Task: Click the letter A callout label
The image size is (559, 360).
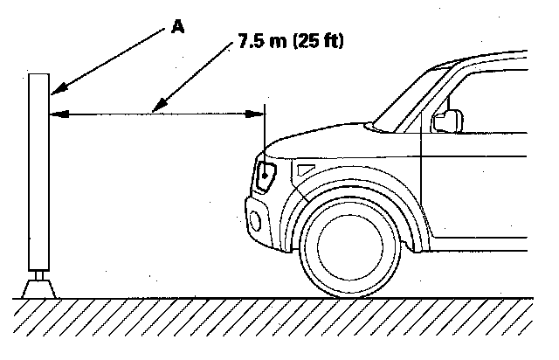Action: coord(178,26)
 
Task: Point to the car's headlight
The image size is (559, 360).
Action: coord(266,176)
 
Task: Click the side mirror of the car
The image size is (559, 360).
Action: coord(449,120)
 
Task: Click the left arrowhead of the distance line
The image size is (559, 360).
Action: coord(54,112)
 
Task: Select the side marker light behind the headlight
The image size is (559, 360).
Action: coord(305,168)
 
